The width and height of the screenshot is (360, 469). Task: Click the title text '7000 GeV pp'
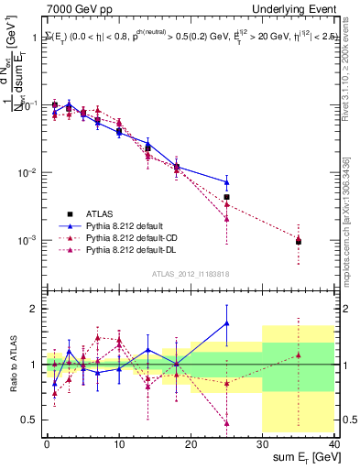click(76, 8)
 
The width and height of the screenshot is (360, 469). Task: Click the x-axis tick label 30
click(263, 442)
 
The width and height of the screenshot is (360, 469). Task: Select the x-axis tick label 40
click(334, 442)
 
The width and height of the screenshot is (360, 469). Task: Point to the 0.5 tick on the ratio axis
click(33, 420)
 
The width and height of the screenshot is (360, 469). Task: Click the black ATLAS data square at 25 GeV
click(226, 197)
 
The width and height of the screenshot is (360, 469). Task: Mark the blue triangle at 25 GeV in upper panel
click(226, 182)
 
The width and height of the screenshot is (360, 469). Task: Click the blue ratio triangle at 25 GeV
click(226, 323)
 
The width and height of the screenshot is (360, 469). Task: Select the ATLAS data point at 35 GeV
click(299, 242)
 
